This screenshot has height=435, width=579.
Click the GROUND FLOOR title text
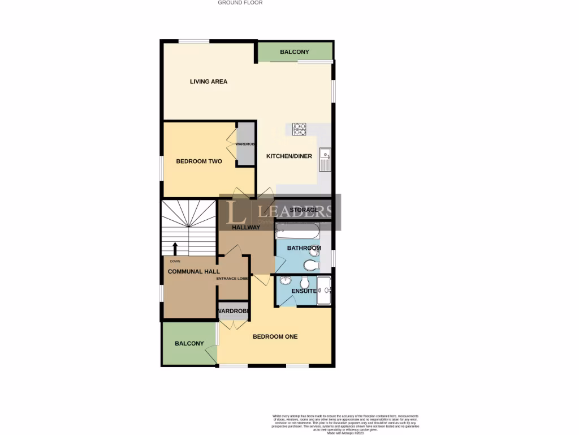240,3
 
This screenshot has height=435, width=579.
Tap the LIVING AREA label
209,82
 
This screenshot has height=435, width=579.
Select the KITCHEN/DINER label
289,156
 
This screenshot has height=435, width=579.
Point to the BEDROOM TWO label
199,161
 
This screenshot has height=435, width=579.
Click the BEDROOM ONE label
275,336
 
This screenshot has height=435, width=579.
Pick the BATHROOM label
304,248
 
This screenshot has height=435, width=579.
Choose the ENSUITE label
304,291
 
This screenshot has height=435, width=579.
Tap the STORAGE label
304,210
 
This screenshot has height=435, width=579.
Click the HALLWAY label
246,228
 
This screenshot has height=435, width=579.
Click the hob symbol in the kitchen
299,129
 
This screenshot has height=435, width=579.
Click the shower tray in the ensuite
324,291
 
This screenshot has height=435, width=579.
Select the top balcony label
295,52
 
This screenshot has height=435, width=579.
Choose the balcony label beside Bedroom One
189,344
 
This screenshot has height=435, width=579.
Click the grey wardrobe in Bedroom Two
245,144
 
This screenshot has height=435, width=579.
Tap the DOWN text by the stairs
175,261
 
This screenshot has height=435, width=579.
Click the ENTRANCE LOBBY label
232,279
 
